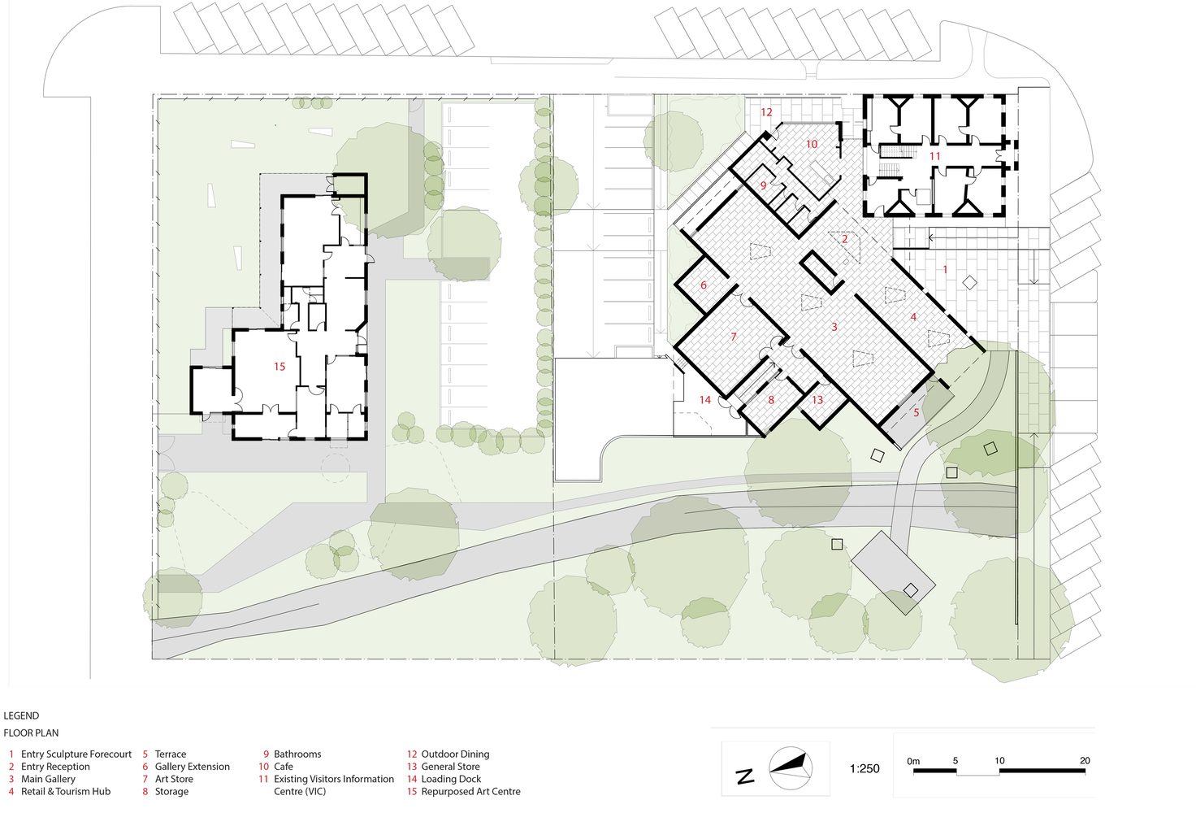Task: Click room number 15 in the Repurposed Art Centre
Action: pyautogui.click(x=279, y=367)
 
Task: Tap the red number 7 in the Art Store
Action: pyautogui.click(x=734, y=337)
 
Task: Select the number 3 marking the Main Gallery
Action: pyautogui.click(x=834, y=326)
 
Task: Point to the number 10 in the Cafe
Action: pyautogui.click(x=812, y=144)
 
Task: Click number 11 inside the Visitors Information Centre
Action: pyautogui.click(x=934, y=156)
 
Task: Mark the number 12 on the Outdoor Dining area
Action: pyautogui.click(x=766, y=112)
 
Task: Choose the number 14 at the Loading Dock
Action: pyautogui.click(x=704, y=400)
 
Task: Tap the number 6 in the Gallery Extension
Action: pyautogui.click(x=703, y=285)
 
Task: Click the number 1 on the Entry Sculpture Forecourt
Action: pyautogui.click(x=944, y=269)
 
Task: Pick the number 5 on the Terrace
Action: pyautogui.click(x=916, y=412)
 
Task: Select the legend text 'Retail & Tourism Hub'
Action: pyautogui.click(x=66, y=792)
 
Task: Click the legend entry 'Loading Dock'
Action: pyautogui.click(x=451, y=779)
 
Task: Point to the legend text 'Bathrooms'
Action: pyautogui.click(x=297, y=754)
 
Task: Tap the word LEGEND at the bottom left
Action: pyautogui.click(x=21, y=715)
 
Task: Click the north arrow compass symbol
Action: pyautogui.click(x=791, y=767)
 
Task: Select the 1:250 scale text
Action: pyautogui.click(x=864, y=768)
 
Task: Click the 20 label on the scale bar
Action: pyautogui.click(x=1085, y=761)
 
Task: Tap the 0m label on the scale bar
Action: pyautogui.click(x=913, y=761)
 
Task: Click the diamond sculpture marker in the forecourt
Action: pyautogui.click(x=969, y=283)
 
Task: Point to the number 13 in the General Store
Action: pyautogui.click(x=817, y=400)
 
